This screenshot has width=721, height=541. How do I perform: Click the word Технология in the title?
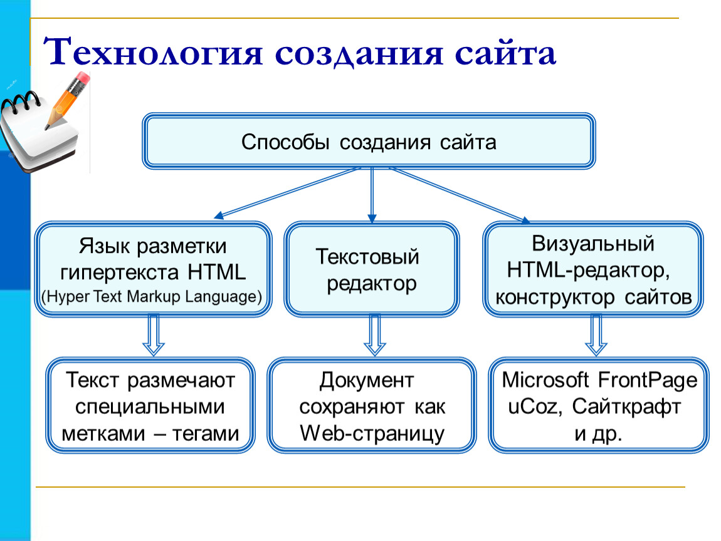pos(153,52)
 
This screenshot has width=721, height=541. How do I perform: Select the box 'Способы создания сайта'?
pos(369,141)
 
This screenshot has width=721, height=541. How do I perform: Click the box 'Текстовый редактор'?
pos(372,270)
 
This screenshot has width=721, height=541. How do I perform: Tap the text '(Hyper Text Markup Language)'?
pos(151,296)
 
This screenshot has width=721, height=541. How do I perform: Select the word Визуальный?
pos(592,244)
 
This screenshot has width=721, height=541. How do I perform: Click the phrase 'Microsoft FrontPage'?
pos(599,380)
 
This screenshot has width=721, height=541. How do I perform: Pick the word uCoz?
pos(533,406)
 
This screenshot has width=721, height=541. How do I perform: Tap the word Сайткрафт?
pos(626,407)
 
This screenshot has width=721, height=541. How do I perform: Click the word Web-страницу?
pos(372,433)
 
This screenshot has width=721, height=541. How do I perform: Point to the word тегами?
pos(206,433)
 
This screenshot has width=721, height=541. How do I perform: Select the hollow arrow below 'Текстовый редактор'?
pos(375,335)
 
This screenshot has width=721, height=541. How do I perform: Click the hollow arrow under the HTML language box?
pos(154,335)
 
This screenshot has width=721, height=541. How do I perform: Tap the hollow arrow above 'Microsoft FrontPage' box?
pos(596,335)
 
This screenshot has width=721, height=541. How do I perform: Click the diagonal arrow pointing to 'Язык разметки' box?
pos(287,193)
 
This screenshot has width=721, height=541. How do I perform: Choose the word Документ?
pos(367,381)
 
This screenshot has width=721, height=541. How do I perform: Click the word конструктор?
pos(555,297)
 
